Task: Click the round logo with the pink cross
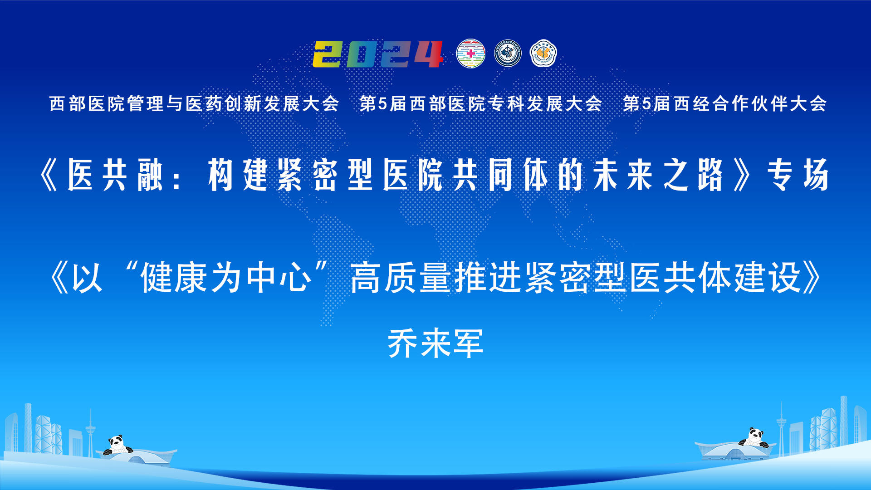click(x=470, y=54)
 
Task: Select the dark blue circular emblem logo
click(x=508, y=54)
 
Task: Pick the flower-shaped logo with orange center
click(x=543, y=54)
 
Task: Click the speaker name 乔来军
click(x=435, y=343)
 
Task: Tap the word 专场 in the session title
click(x=798, y=175)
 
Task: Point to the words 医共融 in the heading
click(x=115, y=175)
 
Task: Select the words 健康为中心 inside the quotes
click(x=226, y=277)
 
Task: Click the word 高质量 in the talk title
click(x=401, y=277)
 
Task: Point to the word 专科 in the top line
click(x=507, y=104)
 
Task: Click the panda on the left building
click(x=117, y=445)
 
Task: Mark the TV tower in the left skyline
click(x=90, y=431)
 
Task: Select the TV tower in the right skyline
click(x=781, y=426)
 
